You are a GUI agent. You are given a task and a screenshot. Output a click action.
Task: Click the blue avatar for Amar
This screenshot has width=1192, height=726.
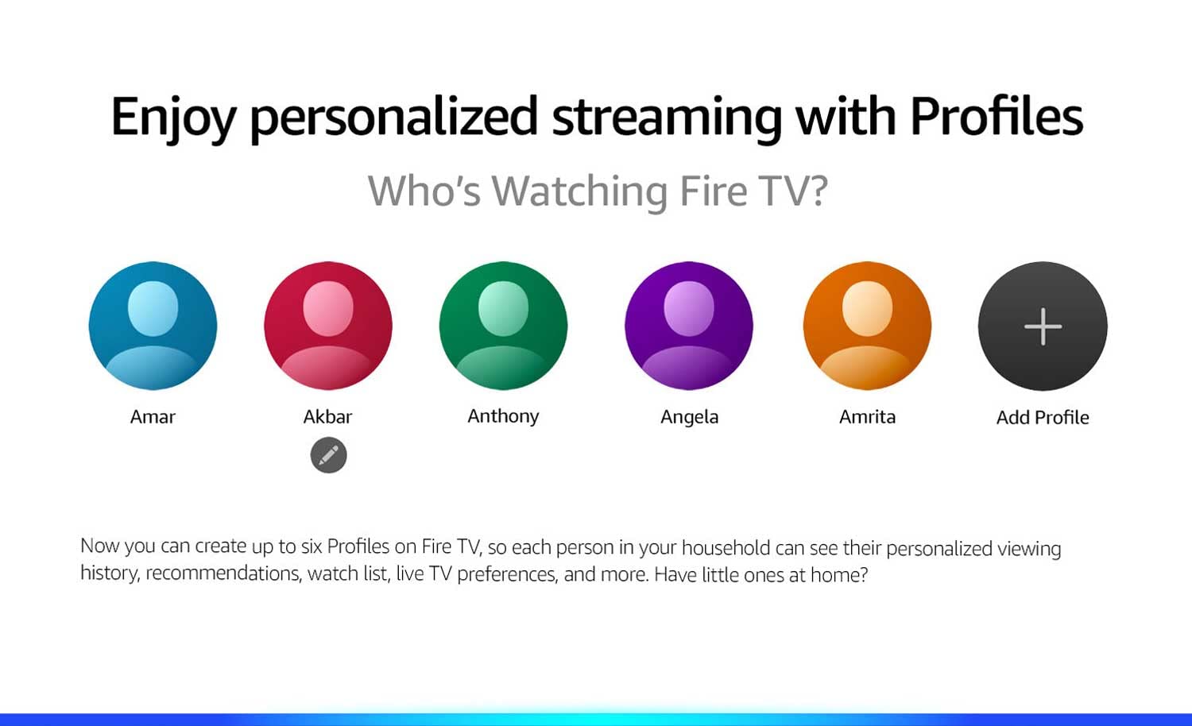pyautogui.click(x=153, y=326)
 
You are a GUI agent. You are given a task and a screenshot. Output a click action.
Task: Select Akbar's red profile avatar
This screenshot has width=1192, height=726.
pyautogui.click(x=327, y=326)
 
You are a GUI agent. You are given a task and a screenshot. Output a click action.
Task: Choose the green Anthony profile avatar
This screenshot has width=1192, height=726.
pyautogui.click(x=503, y=326)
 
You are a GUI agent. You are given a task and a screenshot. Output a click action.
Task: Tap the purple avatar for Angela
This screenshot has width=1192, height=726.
pyautogui.click(x=689, y=326)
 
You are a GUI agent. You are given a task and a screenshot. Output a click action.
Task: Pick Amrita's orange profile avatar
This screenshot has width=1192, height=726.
pyautogui.click(x=868, y=326)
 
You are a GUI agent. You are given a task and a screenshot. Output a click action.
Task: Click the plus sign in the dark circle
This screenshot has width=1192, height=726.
pyautogui.click(x=1043, y=326)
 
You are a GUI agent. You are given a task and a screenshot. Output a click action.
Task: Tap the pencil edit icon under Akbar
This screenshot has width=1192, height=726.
pyautogui.click(x=328, y=455)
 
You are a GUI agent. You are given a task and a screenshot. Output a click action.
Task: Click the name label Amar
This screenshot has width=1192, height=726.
pyautogui.click(x=153, y=416)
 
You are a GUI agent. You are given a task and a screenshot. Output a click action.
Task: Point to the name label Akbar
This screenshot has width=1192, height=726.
pyautogui.click(x=327, y=416)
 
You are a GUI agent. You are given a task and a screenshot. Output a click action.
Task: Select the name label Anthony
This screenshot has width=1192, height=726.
pyautogui.click(x=503, y=416)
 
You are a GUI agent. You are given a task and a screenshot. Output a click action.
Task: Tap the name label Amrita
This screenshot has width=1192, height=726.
pyautogui.click(x=868, y=416)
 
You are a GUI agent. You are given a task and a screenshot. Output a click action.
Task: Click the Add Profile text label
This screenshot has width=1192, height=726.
pyautogui.click(x=1043, y=418)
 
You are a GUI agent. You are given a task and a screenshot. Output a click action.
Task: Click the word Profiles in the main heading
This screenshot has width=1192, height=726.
pyautogui.click(x=997, y=116)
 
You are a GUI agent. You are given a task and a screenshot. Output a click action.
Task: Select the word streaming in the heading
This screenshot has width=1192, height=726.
pyautogui.click(x=667, y=119)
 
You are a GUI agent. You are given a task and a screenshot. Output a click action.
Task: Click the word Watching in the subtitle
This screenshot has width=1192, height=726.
pyautogui.click(x=579, y=191)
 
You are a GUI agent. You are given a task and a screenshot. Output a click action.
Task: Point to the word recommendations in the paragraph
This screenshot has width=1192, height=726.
pyautogui.click(x=223, y=573)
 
